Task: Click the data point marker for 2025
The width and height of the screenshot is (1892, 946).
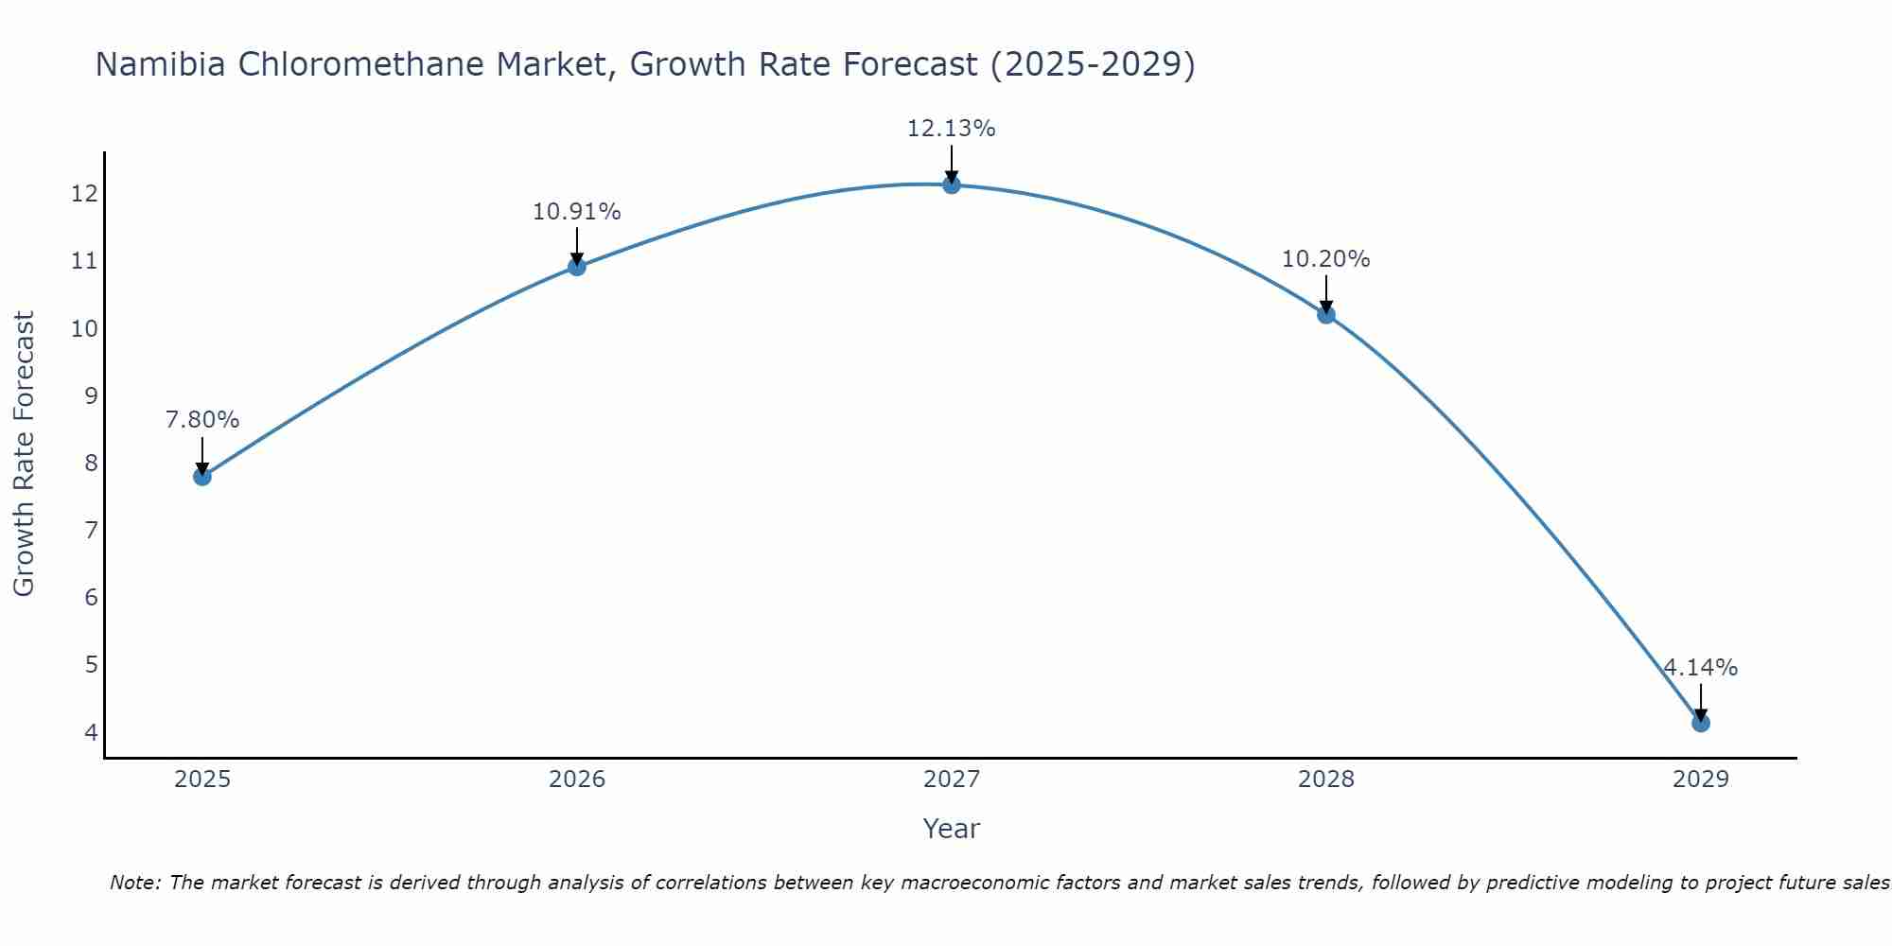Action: tap(202, 476)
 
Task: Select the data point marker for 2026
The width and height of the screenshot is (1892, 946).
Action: tap(577, 267)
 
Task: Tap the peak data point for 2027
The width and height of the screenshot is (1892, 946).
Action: tap(952, 184)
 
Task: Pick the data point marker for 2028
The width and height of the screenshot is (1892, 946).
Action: tap(1326, 314)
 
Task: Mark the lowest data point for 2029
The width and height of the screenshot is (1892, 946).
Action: tap(1700, 723)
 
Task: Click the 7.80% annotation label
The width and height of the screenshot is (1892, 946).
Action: tap(202, 420)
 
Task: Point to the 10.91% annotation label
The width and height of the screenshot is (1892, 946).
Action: tap(577, 212)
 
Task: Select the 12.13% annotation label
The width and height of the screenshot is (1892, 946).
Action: tap(952, 129)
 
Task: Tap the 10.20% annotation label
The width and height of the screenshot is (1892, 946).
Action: tap(1326, 259)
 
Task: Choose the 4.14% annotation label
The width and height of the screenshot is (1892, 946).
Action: tap(1700, 668)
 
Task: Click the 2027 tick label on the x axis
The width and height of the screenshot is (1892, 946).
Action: tap(952, 780)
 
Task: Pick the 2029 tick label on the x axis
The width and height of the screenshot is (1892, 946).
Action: tap(1700, 780)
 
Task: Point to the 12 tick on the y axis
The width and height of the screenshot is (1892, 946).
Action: tap(84, 194)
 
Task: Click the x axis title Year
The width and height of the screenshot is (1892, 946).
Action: tap(952, 829)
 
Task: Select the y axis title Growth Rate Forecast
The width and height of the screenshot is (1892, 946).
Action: tap(25, 454)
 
